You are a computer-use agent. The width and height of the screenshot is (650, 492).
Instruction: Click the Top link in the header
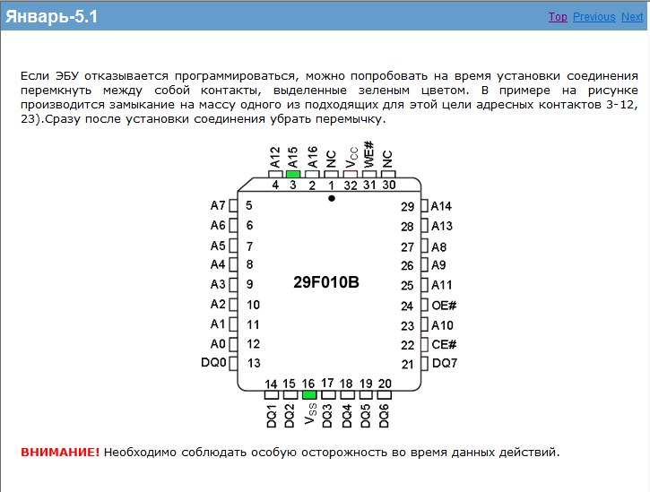click(557, 17)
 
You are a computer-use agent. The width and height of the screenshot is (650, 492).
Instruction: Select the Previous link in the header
click(594, 17)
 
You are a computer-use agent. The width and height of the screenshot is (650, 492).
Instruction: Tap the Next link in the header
click(632, 17)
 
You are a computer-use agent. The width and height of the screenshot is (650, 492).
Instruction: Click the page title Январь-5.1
click(53, 17)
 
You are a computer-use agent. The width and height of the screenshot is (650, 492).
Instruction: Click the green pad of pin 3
click(293, 174)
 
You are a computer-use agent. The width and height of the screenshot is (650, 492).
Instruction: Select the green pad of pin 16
click(309, 394)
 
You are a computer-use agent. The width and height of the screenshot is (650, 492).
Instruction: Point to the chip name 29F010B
click(326, 282)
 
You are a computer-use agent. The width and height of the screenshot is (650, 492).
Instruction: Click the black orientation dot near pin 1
click(332, 198)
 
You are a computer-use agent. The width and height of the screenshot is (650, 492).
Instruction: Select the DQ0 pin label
click(213, 363)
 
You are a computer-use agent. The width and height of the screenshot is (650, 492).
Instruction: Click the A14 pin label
click(441, 206)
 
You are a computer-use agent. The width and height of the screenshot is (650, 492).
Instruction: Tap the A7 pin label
click(218, 206)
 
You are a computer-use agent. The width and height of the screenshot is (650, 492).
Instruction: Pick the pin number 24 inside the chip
click(407, 306)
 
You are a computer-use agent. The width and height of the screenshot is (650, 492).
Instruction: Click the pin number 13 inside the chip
click(254, 363)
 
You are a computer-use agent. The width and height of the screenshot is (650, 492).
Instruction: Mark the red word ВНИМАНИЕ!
click(60, 452)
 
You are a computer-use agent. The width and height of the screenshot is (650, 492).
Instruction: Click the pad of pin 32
click(351, 174)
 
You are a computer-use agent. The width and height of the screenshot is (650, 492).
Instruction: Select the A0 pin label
click(218, 343)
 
